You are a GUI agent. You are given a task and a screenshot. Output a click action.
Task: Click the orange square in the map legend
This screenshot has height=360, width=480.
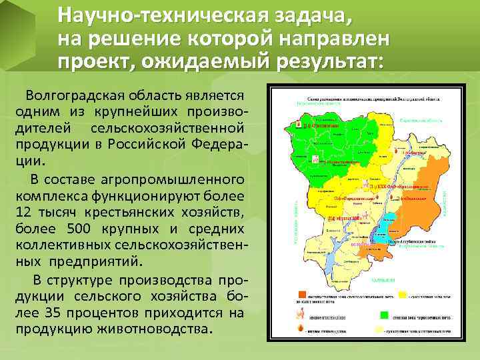coord(303,293)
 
